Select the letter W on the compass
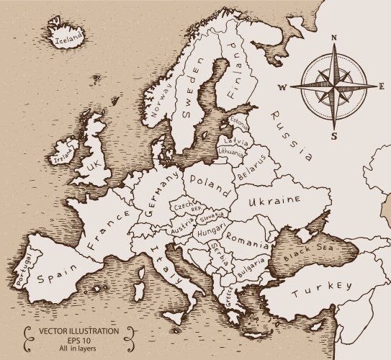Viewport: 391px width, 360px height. (x=282, y=88)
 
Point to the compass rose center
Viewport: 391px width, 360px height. (x=334, y=86)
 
